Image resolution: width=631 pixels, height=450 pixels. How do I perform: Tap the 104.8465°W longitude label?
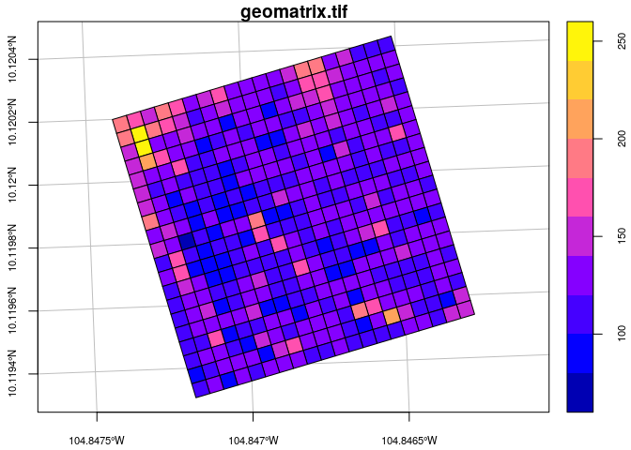[409, 439]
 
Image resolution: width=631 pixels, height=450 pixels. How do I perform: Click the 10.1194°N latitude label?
[12, 374]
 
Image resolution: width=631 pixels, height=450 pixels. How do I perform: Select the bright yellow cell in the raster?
[143, 146]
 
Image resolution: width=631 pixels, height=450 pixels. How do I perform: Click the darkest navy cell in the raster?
[187, 240]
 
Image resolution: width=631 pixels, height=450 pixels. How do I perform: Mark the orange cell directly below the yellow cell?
[148, 161]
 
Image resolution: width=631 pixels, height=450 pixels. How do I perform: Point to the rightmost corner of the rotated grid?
[475, 313]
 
